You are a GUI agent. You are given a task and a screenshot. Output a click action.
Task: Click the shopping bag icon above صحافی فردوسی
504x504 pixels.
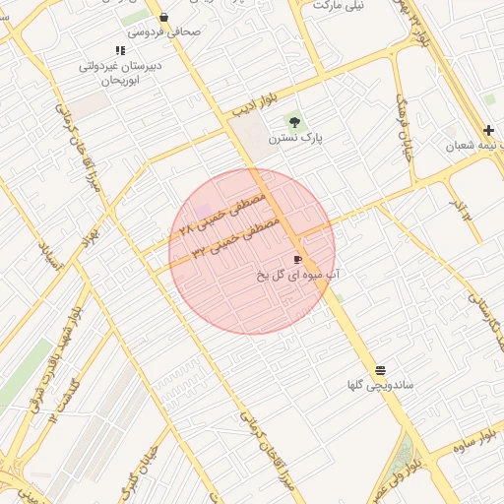tap(163, 17)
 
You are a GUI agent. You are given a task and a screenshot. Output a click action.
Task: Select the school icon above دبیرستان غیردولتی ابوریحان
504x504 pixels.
tap(120, 49)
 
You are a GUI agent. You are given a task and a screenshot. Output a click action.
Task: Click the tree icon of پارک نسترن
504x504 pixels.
tap(294, 122)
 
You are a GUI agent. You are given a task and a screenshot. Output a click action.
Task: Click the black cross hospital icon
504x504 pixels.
tap(488, 130)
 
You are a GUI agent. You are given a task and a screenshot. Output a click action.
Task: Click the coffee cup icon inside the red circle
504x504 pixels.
tap(297, 259)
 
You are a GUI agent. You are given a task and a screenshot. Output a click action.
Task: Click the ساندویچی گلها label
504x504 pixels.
tap(380, 385)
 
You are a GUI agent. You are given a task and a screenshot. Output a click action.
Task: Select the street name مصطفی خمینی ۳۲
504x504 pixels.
tap(236, 238)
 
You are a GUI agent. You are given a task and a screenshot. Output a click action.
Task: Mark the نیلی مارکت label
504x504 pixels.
tap(338, 5)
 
